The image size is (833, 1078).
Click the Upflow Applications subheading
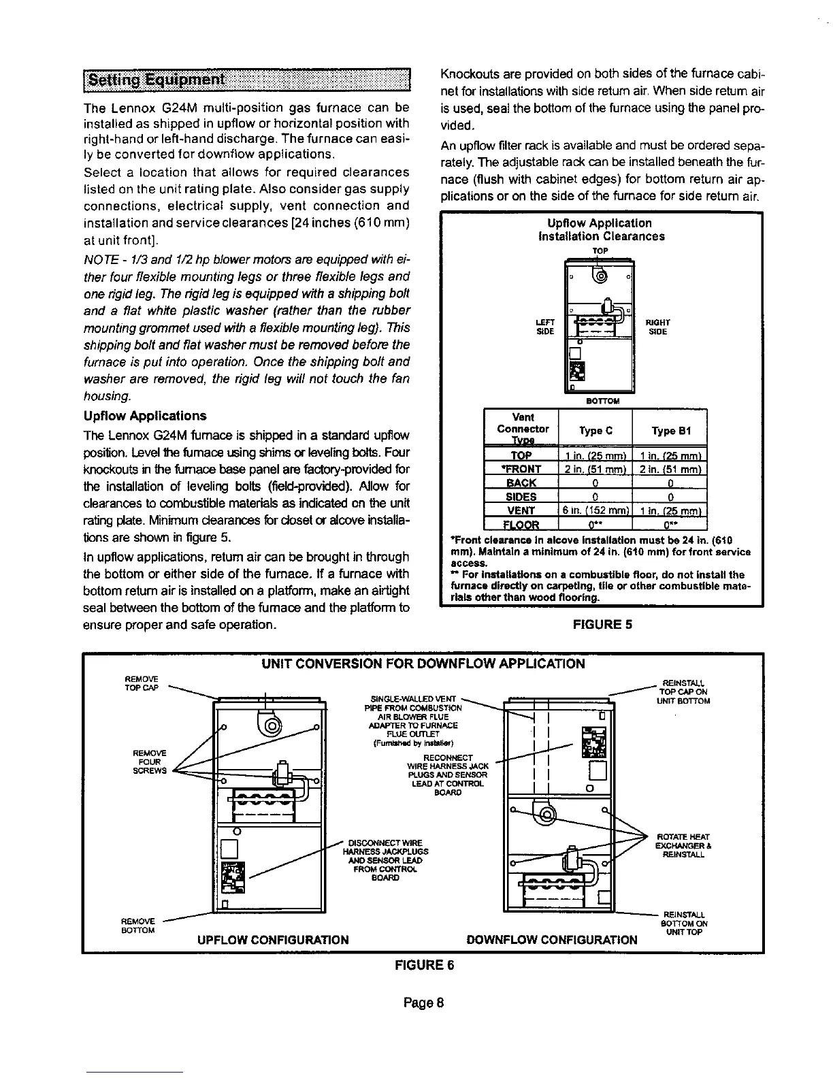tap(144, 416)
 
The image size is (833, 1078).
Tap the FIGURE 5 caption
tap(602, 623)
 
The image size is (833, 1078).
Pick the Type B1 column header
tap(670, 430)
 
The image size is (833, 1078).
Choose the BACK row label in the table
tap(521, 483)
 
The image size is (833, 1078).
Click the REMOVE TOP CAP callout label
tap(142, 683)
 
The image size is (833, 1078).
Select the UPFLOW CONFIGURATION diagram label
tap(272, 940)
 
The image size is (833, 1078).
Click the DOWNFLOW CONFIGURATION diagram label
tap(552, 940)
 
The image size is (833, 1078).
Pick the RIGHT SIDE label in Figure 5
tap(657, 326)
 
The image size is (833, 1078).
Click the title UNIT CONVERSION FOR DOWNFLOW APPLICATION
tap(423, 664)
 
